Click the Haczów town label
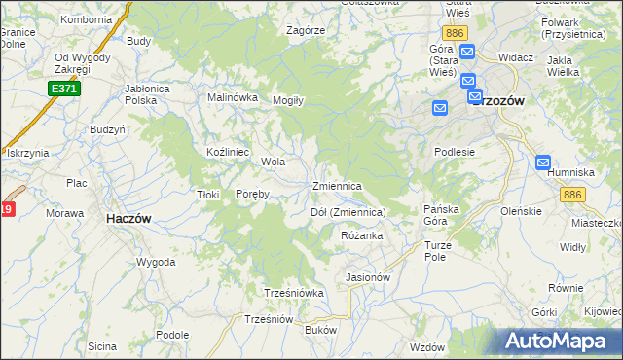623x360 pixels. tap(128, 220)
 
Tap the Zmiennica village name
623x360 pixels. tap(338, 186)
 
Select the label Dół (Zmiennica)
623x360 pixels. tap(348, 212)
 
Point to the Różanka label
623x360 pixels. tap(362, 236)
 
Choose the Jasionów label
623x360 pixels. tap(368, 277)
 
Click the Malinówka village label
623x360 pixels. tap(233, 97)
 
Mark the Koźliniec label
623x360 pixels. tap(229, 153)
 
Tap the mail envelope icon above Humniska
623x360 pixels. tap(543, 162)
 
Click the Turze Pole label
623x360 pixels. tap(437, 252)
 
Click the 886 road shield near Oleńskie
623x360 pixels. tap(571, 195)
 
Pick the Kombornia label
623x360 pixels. tap(86, 19)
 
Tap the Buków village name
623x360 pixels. tap(320, 331)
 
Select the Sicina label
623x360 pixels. tap(101, 346)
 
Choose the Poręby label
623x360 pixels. tap(252, 194)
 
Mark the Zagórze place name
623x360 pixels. tap(305, 30)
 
